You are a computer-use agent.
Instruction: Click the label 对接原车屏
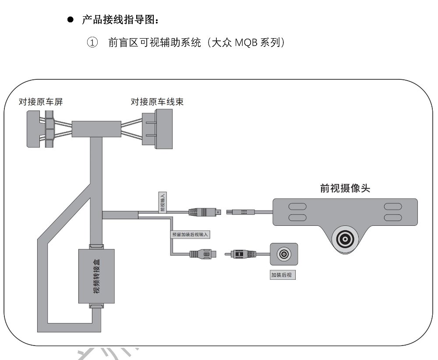click(41, 102)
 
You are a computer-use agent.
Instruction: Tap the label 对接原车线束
click(157, 102)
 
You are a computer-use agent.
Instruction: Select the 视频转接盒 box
click(96, 276)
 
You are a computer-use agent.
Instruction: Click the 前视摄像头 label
click(345, 188)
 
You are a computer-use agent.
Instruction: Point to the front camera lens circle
click(346, 239)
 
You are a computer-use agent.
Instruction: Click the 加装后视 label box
click(283, 275)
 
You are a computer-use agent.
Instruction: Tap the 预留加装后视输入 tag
click(191, 235)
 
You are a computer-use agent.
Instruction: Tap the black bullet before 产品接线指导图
click(70, 20)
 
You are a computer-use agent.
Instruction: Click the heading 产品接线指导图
click(118, 20)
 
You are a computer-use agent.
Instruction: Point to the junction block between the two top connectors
click(96, 128)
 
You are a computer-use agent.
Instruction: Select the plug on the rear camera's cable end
click(240, 254)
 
